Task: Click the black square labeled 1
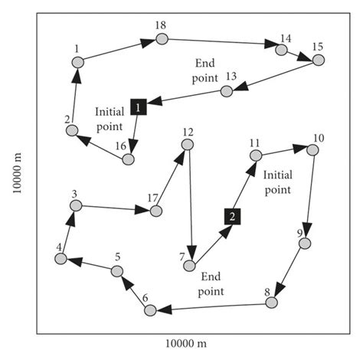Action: coord(138,107)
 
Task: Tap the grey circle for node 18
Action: coord(162,39)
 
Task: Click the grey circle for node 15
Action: coord(318,60)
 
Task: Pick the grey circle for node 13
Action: coord(227,91)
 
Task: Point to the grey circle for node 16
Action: coord(128,159)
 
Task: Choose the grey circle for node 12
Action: coord(187,144)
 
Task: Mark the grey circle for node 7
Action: coord(189,265)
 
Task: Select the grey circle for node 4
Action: coord(60,259)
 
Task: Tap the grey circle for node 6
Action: coord(150,309)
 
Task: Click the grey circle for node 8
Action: coord(271,303)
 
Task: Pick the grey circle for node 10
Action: coord(312,149)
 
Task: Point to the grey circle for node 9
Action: coord(304,244)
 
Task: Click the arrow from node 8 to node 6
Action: coord(211,306)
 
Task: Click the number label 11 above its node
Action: coord(254,142)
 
